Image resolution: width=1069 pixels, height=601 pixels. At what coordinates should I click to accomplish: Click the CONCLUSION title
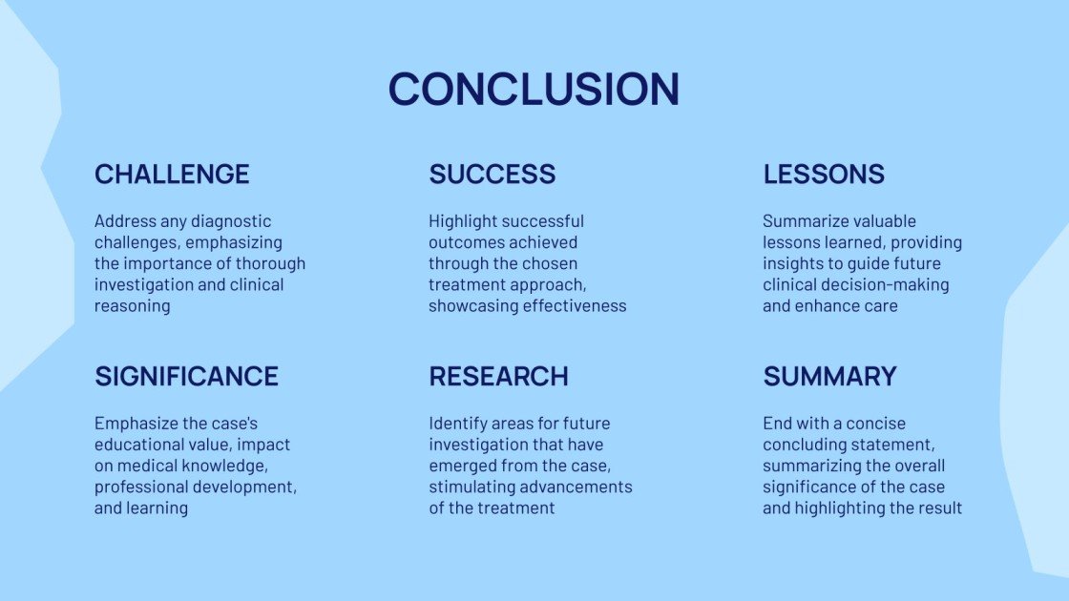pyautogui.click(x=534, y=89)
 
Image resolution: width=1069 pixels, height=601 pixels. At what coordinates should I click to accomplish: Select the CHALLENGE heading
pyautogui.click(x=172, y=175)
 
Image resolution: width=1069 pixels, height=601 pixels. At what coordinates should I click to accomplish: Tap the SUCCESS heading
pyautogui.click(x=492, y=175)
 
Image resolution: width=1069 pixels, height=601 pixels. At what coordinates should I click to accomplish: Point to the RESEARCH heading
pyautogui.click(x=498, y=377)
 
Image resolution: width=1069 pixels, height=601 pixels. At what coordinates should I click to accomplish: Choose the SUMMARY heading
pyautogui.click(x=829, y=377)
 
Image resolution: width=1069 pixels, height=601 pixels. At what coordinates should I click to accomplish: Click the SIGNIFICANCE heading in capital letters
pyautogui.click(x=186, y=377)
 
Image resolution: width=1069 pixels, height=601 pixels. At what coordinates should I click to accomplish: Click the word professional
pyautogui.click(x=140, y=487)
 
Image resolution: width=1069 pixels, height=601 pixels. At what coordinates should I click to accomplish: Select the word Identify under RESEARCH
pyautogui.click(x=459, y=424)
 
